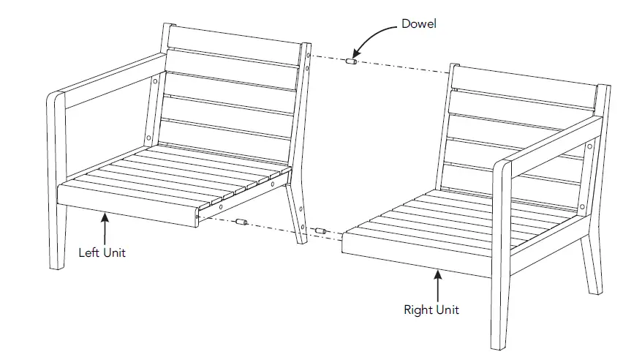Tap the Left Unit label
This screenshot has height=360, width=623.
pos(102,253)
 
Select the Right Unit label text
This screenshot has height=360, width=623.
pos(431,310)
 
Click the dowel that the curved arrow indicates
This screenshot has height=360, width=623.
pos(350,64)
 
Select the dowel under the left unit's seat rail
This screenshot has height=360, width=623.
pos(243,221)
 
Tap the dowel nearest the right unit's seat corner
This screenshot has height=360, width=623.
pos(320,231)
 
